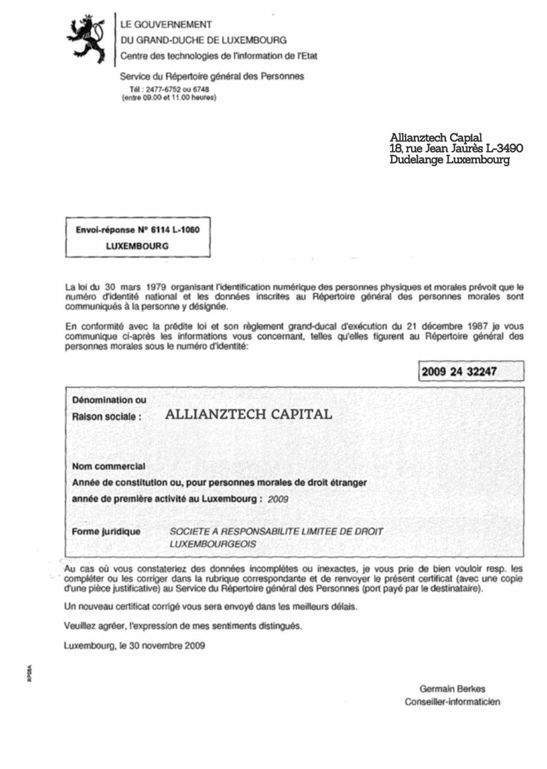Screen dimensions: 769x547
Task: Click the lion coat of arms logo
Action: (86, 38)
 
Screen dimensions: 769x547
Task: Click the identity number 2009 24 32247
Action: (459, 371)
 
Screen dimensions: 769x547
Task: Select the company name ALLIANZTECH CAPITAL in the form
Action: (248, 415)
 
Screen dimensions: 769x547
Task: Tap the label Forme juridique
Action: (106, 532)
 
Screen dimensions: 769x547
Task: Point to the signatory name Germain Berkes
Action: (452, 688)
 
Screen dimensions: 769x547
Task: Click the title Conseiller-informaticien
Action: (452, 702)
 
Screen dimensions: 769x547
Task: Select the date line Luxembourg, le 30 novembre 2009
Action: (135, 646)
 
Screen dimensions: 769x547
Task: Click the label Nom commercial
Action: (109, 466)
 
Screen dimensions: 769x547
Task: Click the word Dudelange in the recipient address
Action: (416, 160)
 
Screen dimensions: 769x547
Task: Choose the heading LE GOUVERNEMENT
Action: (166, 25)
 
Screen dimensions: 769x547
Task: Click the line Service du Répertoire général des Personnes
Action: (212, 76)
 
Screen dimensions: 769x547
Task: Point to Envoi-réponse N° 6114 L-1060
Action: (138, 230)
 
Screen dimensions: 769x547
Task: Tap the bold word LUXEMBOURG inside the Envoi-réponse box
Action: (137, 246)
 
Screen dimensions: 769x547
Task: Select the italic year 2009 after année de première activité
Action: (278, 499)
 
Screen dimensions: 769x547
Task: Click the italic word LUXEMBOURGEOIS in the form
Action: (213, 544)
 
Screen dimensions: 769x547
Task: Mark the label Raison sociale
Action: (107, 416)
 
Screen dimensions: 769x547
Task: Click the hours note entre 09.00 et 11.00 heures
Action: (169, 97)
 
